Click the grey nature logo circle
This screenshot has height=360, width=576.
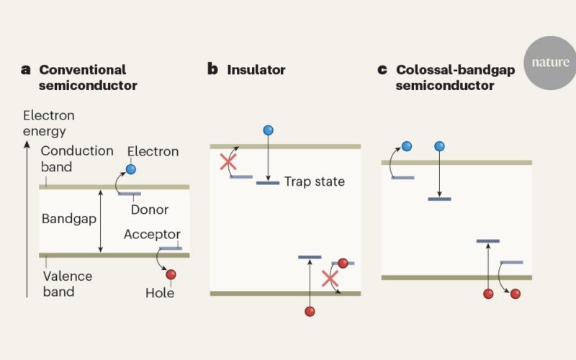[550, 63]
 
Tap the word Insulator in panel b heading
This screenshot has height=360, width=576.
[256, 70]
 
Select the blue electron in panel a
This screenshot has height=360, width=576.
[131, 169]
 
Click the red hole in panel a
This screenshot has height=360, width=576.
[171, 274]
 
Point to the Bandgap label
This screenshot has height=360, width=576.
[69, 219]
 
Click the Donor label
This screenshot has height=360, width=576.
[150, 210]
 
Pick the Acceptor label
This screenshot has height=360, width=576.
[152, 235]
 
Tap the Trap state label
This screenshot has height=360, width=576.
[315, 181]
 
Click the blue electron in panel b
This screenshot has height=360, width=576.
[268, 130]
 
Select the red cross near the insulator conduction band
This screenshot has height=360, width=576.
[228, 161]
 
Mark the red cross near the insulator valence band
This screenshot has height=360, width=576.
[330, 278]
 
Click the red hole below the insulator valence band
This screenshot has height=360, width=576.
[310, 311]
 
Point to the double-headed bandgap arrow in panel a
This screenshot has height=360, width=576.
[101, 221]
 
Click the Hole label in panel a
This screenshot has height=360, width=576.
[160, 293]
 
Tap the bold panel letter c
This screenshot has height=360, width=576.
[382, 69]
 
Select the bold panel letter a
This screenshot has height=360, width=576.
[25, 69]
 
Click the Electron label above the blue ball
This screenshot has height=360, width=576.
[153, 151]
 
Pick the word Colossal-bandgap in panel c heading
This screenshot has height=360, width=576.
[456, 70]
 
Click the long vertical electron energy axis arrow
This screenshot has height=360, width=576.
[27, 219]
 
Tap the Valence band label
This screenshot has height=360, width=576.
[68, 284]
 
